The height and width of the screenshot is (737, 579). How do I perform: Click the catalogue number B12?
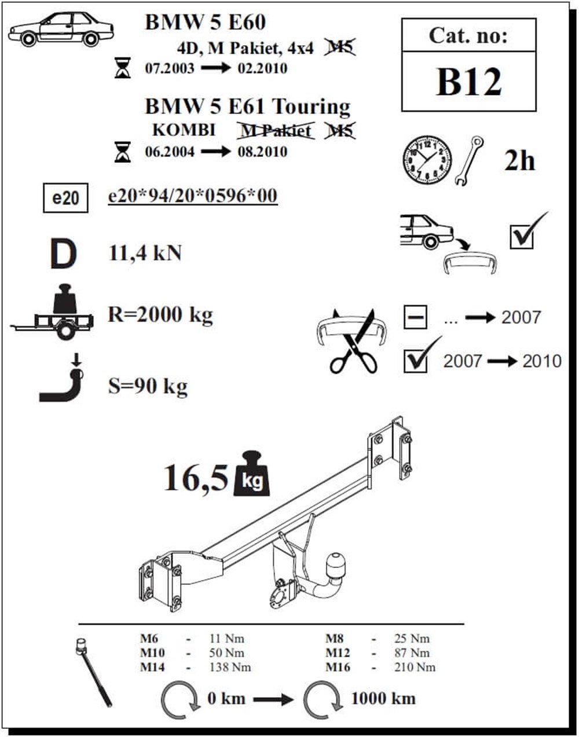click(x=468, y=82)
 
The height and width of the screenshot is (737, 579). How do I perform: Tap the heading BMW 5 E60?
click(x=205, y=22)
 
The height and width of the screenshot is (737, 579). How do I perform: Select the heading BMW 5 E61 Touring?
click(x=247, y=107)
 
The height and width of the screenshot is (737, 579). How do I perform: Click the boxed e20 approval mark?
click(x=65, y=198)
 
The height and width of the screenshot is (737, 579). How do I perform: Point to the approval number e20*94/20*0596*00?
click(x=193, y=196)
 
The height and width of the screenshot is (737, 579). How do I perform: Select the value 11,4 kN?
click(x=145, y=253)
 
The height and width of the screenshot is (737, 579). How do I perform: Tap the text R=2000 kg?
click(x=160, y=315)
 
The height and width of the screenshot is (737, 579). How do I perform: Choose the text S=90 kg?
click(x=148, y=386)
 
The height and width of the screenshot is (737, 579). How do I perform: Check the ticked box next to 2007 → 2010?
click(x=416, y=361)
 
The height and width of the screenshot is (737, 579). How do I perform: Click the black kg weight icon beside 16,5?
click(x=251, y=475)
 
